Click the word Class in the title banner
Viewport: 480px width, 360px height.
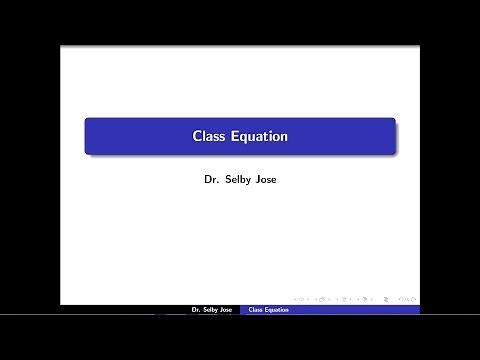coord(207,135)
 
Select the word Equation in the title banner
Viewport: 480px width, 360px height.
coord(257,135)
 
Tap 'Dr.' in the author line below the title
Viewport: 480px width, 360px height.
coord(209,183)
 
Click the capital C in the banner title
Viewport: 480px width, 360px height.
coord(197,135)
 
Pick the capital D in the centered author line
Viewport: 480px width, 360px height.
coord(205,183)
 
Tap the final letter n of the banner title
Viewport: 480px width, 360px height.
coord(283,135)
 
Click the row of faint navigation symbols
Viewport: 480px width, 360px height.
coord(351,298)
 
